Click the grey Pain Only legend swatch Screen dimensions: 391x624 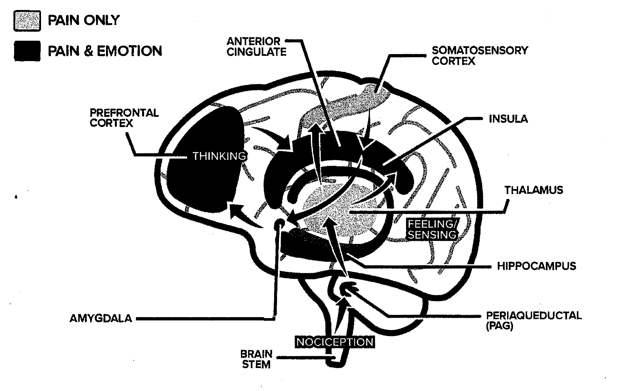pyautogui.click(x=27, y=21)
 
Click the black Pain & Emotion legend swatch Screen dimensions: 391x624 pyautogui.click(x=27, y=51)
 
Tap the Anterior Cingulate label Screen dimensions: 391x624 pyautogui.click(x=256, y=46)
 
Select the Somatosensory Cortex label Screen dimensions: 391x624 pyautogui.click(x=480, y=55)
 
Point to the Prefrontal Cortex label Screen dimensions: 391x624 pyautogui.click(x=124, y=118)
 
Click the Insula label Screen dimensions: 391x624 pyautogui.click(x=508, y=119)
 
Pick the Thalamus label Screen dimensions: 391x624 pyautogui.click(x=534, y=190)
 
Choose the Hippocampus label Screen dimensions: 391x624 pyautogui.click(x=536, y=266)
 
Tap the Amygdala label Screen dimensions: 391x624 pyautogui.click(x=101, y=318)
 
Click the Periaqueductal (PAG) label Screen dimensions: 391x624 pyautogui.click(x=533, y=320)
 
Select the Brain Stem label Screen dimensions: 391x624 pyautogui.click(x=256, y=359)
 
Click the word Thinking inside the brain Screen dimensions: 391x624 pyautogui.click(x=219, y=156)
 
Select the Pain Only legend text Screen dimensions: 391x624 pyautogui.click(x=84, y=21)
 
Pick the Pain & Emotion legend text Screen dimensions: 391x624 pyautogui.click(x=105, y=51)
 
